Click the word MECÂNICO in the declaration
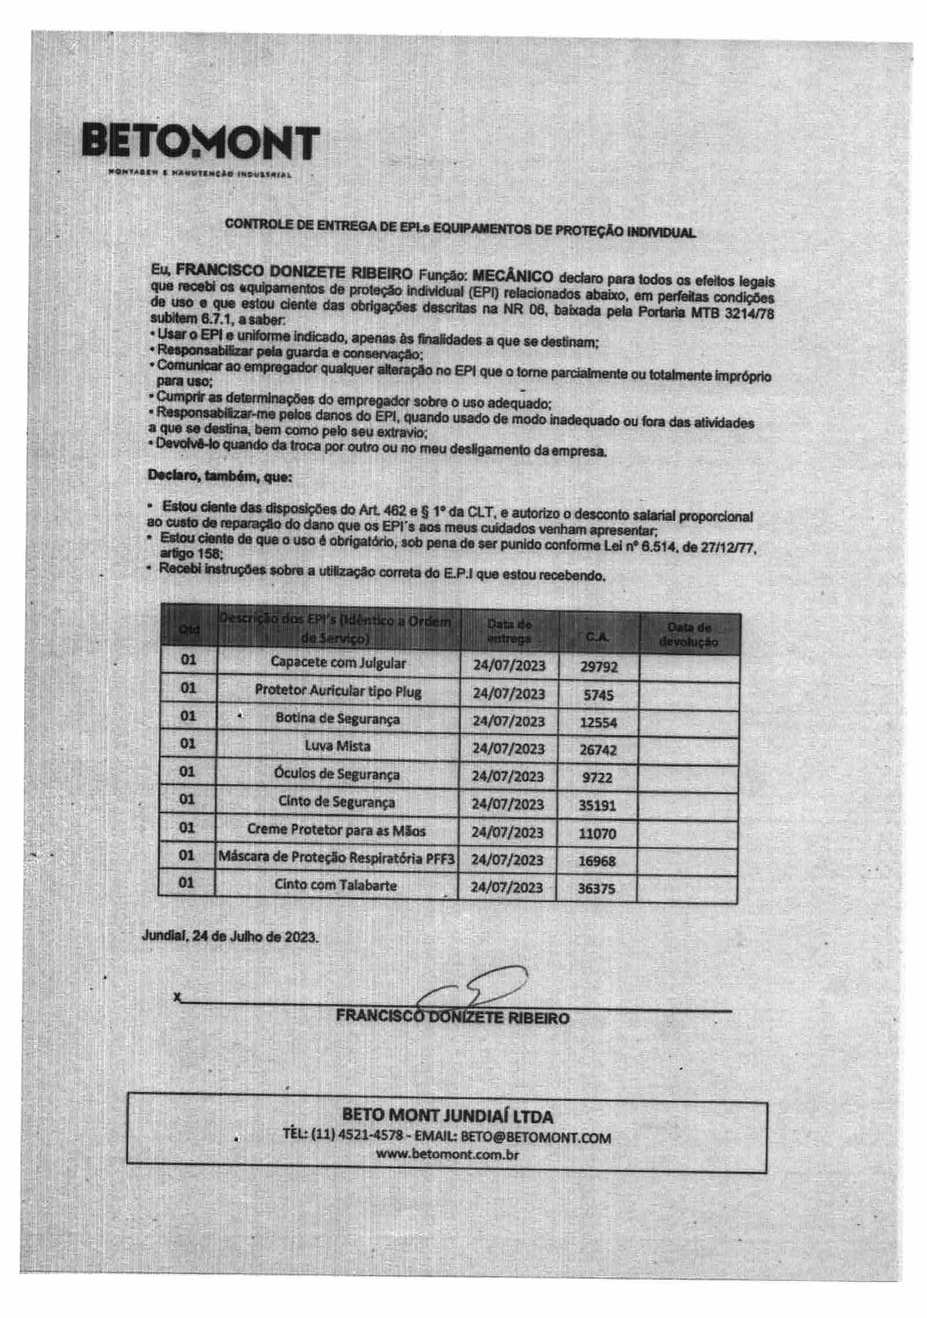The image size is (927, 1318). tap(513, 276)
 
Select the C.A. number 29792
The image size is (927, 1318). tap(598, 667)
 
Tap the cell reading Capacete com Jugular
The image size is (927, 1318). tap(338, 663)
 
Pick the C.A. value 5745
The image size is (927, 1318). tap(598, 695)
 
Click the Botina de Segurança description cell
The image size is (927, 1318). tap(338, 719)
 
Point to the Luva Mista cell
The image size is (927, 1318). tap(338, 746)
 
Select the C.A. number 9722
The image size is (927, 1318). tap(597, 777)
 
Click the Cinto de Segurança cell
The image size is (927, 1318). tap(337, 802)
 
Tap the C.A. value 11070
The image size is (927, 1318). tap(597, 834)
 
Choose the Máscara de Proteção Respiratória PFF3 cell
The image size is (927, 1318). tap(337, 858)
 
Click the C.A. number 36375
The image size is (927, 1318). tap(596, 889)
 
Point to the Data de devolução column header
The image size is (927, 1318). tap(689, 634)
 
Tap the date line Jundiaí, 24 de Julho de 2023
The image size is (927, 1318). tap(230, 937)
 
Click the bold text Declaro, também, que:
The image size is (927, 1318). tap(220, 476)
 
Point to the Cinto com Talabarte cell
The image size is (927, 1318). tap(336, 885)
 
